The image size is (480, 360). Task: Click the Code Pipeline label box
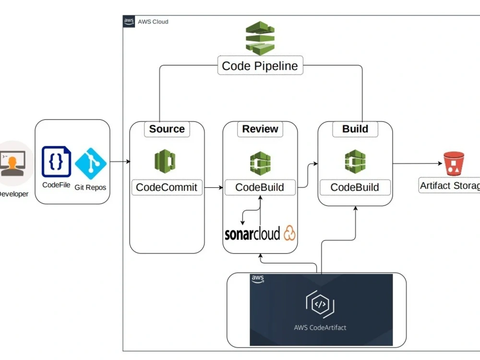pos(260,66)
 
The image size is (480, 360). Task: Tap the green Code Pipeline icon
pos(260,38)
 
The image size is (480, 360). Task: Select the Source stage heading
pos(167,129)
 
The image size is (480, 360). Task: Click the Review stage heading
pos(260,129)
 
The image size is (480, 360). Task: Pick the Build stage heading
pos(355,129)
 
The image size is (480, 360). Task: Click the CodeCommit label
pos(167,187)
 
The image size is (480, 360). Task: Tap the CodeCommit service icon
pos(165,161)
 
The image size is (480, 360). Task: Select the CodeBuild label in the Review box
pos(260,187)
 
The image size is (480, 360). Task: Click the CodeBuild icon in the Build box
pos(355,161)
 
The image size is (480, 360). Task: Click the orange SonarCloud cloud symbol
pos(289,233)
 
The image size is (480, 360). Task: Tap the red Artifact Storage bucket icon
pos(454,164)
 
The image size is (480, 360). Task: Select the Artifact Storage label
pos(450,186)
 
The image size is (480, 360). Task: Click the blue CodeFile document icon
pos(56,162)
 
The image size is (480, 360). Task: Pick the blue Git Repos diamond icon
pos(90,162)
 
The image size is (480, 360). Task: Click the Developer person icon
pos(13,163)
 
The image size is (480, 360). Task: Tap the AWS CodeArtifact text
pos(320,327)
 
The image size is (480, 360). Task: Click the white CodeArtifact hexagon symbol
pos(320,304)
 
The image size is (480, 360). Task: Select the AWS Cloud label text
pos(153,22)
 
